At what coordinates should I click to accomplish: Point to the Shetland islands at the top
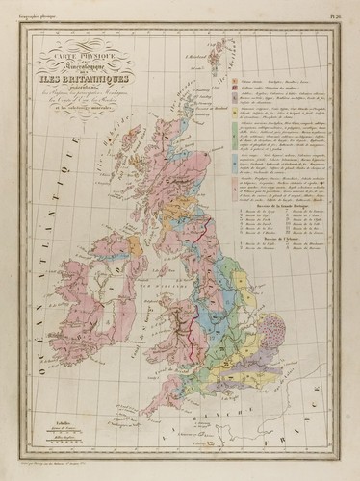[227, 53]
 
